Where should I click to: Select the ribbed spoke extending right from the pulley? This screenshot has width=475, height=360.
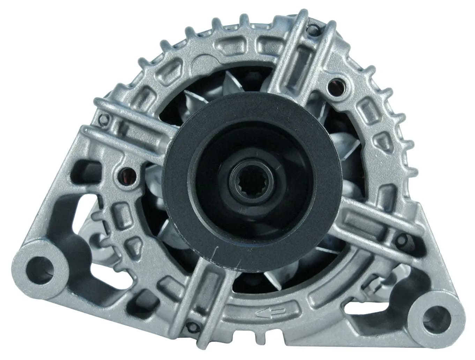click(370, 223)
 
